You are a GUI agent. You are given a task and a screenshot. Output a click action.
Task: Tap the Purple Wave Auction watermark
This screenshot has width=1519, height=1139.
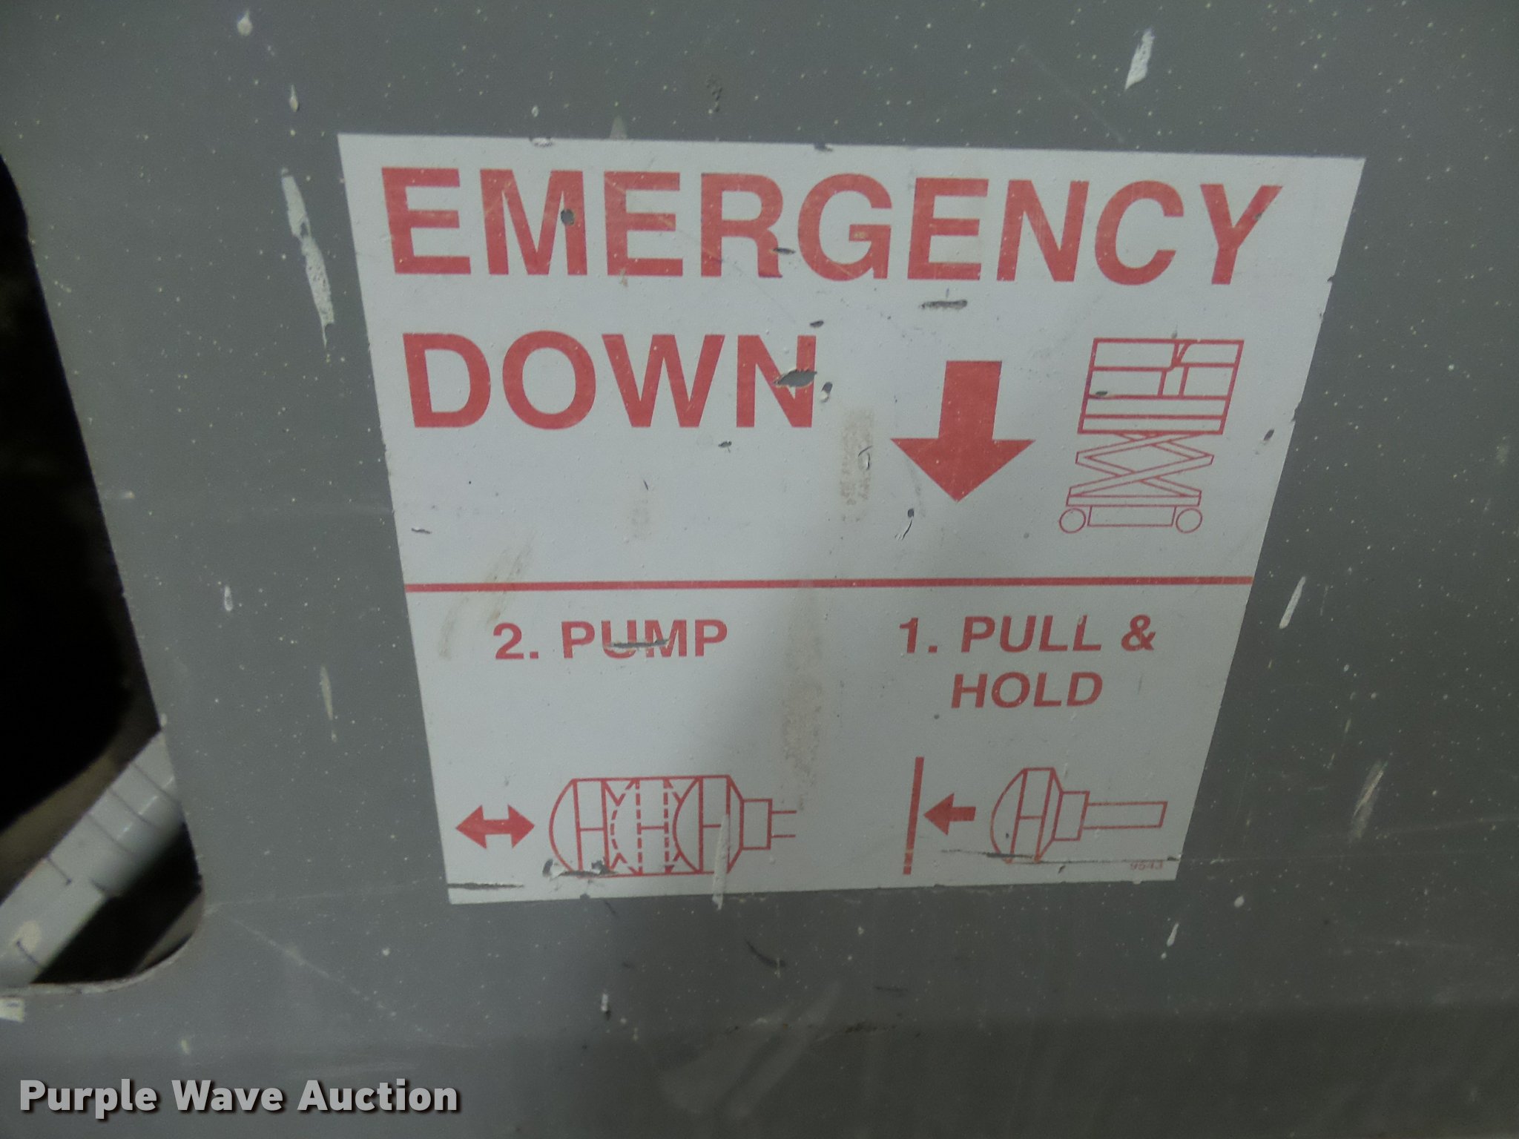(239, 1097)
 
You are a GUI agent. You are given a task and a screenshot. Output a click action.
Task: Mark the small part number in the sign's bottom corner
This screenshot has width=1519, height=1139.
(1143, 865)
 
